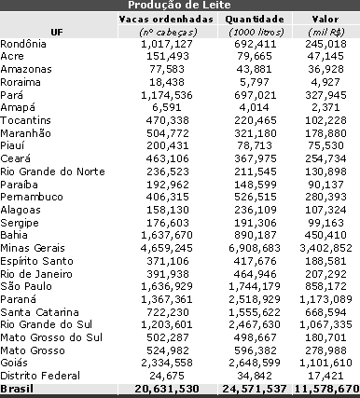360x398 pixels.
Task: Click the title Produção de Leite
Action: (x=180, y=6)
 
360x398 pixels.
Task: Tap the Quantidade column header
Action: (x=256, y=19)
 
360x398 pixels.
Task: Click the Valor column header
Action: (x=325, y=19)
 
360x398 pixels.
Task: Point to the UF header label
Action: (x=59, y=31)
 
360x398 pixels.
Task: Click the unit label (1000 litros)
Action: (x=256, y=32)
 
